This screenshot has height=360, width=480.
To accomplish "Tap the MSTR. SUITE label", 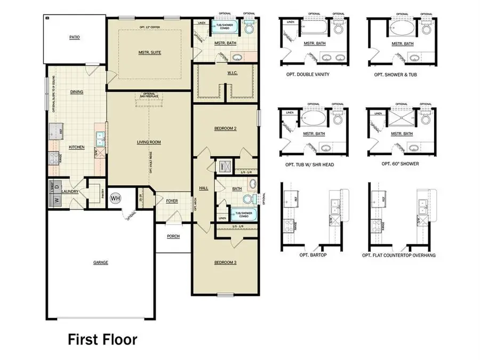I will [149, 52].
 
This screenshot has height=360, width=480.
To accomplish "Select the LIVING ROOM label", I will [149, 142].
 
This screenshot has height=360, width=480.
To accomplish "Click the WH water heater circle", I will [115, 198].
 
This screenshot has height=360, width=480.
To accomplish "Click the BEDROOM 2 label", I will [225, 129].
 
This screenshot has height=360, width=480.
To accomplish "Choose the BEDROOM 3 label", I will [225, 262].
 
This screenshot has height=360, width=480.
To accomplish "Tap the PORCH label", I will [173, 236].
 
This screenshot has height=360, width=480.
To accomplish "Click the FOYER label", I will [171, 201].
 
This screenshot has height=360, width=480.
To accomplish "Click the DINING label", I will [77, 92].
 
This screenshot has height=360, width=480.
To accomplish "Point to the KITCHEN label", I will [77, 147].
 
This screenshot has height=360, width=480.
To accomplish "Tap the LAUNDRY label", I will [70, 191].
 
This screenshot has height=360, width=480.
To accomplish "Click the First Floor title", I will [102, 339].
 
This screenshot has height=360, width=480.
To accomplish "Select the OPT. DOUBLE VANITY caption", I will [310, 75].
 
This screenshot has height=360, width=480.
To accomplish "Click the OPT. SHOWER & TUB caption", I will [396, 75].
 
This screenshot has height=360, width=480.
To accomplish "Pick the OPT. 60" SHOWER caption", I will [400, 164].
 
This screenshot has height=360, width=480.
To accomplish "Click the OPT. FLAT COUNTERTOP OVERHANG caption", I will [399, 255].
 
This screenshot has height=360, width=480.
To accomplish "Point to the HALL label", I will [204, 188].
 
